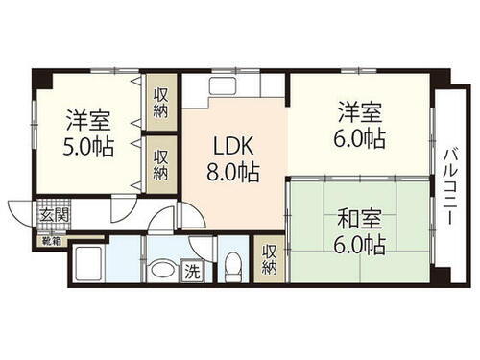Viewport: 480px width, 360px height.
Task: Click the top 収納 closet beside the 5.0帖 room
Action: [162, 101]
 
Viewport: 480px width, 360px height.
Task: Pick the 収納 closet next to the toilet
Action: [272, 257]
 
